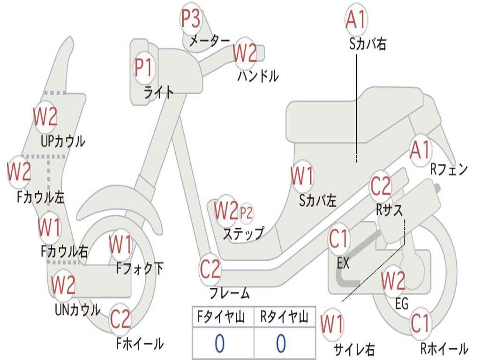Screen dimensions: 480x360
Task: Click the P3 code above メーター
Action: coord(191,19)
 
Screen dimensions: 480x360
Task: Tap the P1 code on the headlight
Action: coord(143,67)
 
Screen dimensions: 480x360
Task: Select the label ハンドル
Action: coord(258,76)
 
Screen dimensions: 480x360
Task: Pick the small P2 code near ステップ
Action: coord(246,213)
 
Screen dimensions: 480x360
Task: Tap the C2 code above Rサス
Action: coord(380,186)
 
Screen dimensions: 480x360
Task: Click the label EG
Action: coord(402,304)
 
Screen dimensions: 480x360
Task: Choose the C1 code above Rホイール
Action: coord(420,323)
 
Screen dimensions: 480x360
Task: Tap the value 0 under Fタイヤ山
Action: coord(219,344)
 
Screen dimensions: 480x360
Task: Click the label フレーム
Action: coord(230,294)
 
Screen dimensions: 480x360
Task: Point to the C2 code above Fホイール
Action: coord(120,319)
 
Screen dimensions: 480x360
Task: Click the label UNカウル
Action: coord(77,310)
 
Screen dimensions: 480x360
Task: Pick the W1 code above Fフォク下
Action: coord(120,244)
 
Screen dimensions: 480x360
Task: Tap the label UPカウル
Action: coord(63,141)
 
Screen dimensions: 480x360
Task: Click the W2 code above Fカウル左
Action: coord(19,172)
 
